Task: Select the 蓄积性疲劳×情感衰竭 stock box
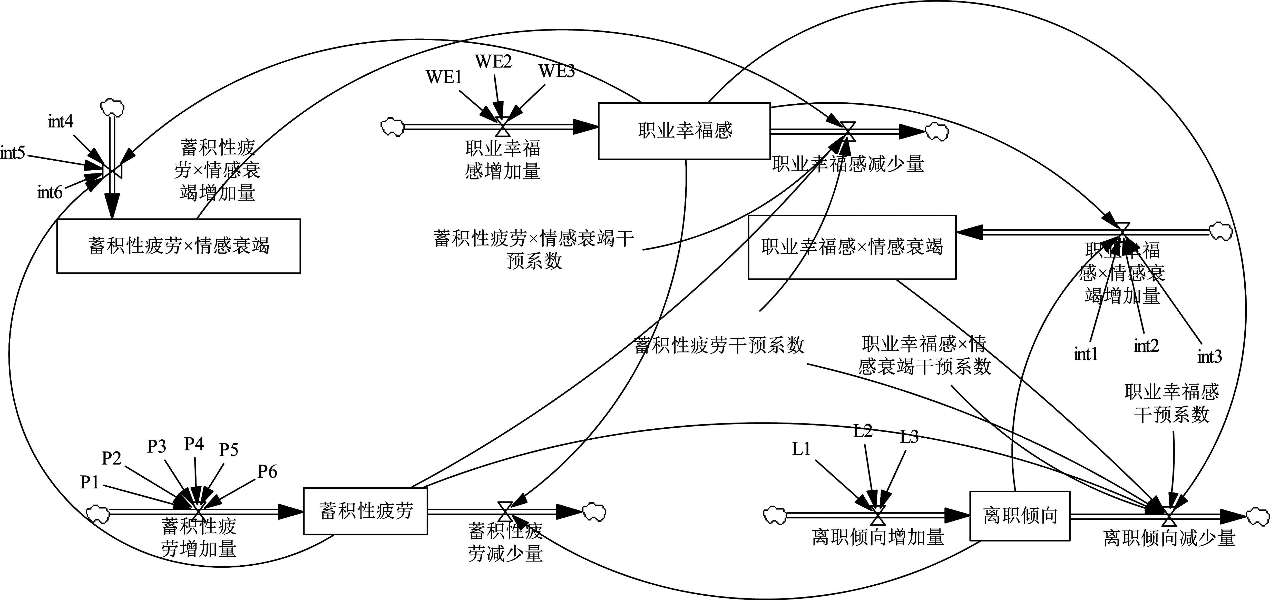click(179, 245)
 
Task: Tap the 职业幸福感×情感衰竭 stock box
click(852, 247)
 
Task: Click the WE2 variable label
click(493, 62)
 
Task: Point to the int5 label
click(13, 153)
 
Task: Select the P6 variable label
click(267, 472)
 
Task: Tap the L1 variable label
click(801, 449)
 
